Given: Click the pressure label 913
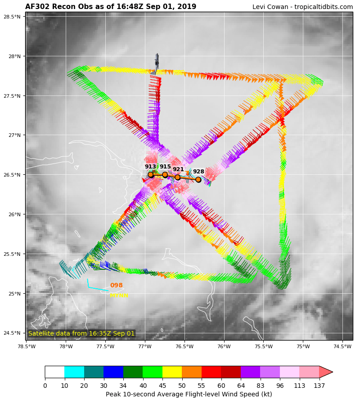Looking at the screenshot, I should [150, 167].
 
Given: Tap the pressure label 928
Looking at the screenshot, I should [198, 172].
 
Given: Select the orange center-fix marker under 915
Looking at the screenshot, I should [165, 175].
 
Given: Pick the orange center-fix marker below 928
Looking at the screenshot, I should [198, 179].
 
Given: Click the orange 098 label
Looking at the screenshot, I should [116, 286].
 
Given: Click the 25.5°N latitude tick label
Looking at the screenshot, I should [12, 254].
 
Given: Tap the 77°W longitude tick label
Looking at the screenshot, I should [145, 346].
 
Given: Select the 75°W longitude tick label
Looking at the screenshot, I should [303, 346].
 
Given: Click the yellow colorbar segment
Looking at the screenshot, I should [172, 372].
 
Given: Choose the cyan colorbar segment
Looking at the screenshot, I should [74, 372].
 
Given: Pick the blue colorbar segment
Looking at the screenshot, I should [113, 372].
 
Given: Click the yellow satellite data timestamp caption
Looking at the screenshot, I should [81, 333].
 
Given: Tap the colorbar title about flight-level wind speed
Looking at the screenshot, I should [189, 394].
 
